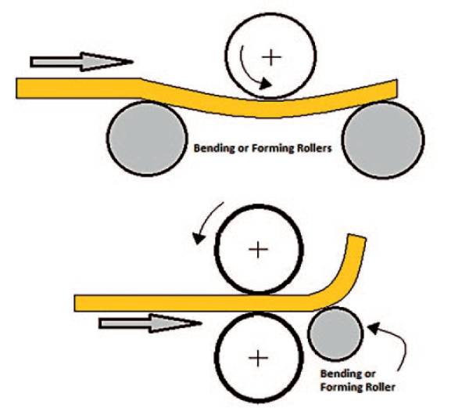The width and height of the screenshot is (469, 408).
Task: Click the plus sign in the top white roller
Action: tap(271, 56)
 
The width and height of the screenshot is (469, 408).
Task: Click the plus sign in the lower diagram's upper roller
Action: tap(257, 249)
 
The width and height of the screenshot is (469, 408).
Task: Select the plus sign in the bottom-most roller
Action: tap(256, 358)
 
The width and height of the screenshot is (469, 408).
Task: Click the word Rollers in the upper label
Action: tap(313, 146)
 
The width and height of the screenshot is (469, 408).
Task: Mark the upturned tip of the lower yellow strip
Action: tap(356, 239)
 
